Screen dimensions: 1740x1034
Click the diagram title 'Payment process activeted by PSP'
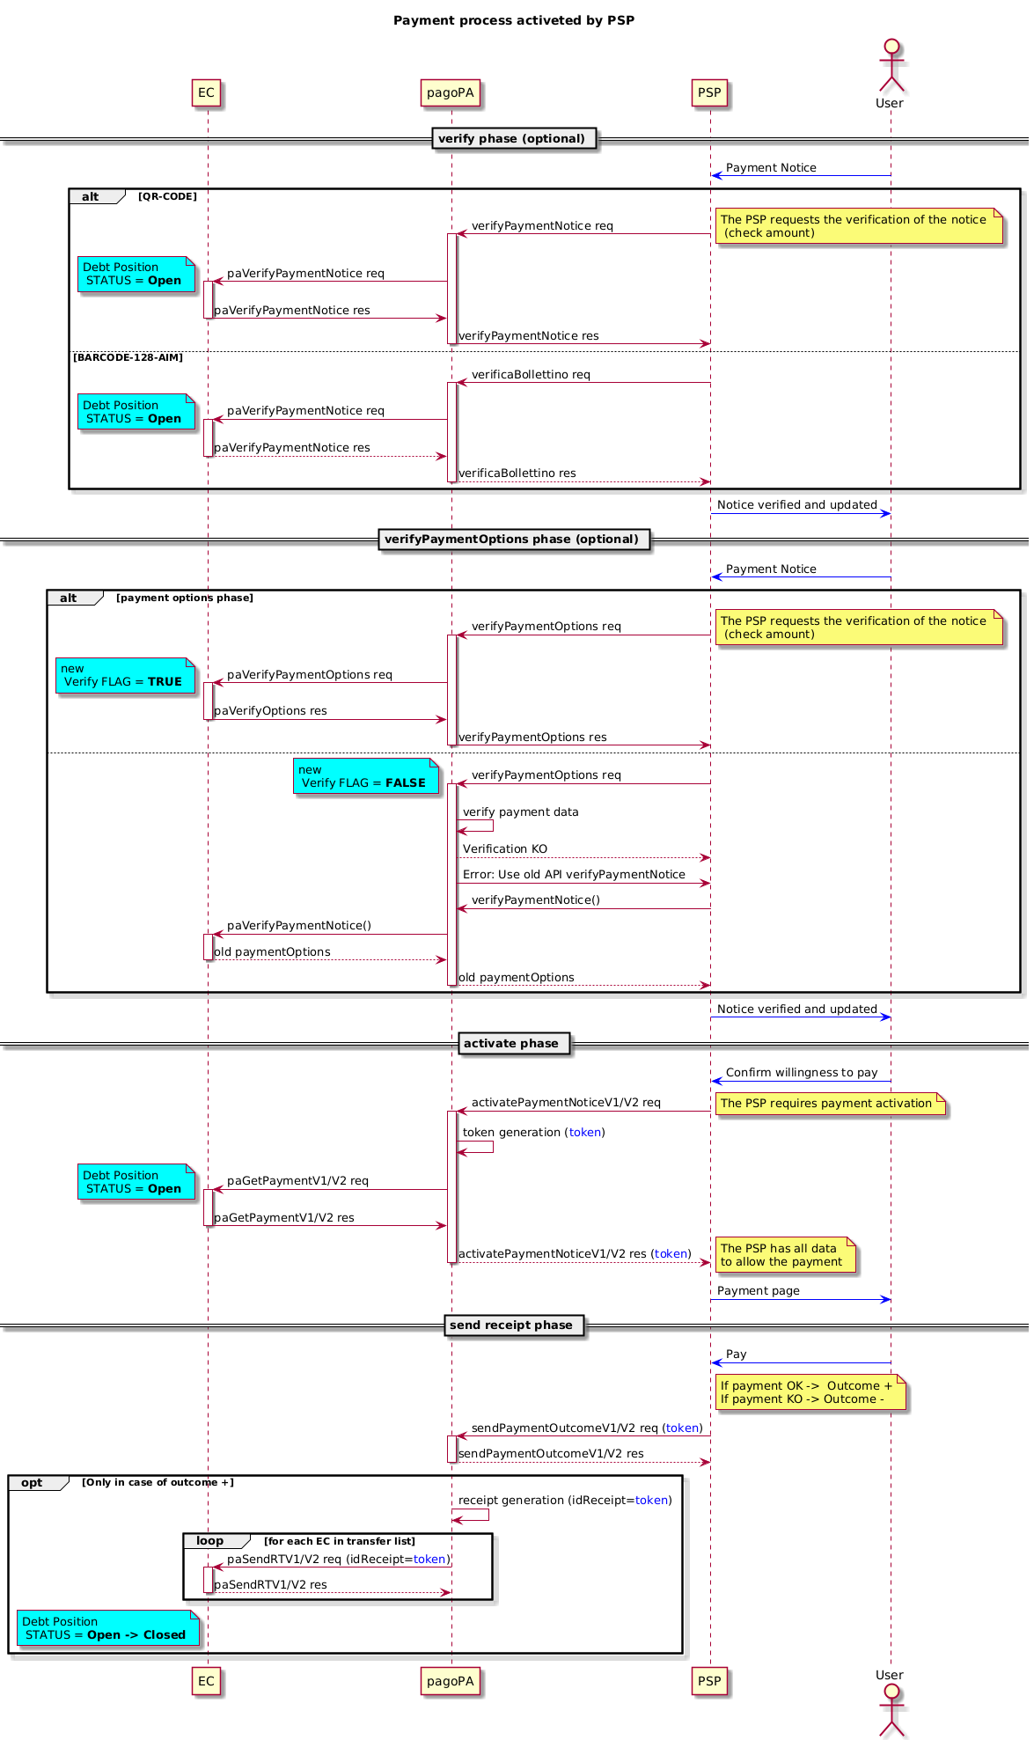coord(514,20)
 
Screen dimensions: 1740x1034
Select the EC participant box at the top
coord(206,92)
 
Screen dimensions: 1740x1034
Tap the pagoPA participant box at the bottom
coord(451,1680)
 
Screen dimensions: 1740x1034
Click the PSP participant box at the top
coord(709,92)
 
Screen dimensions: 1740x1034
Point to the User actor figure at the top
coord(891,70)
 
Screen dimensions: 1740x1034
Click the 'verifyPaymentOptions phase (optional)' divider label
coord(514,540)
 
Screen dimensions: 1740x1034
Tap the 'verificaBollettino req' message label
coord(531,374)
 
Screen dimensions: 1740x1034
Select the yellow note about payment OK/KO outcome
coord(810,1392)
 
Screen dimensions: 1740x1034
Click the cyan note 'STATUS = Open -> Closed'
coord(107,1628)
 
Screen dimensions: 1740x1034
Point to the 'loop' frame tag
coord(210,1540)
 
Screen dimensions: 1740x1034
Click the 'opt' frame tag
coord(33,1482)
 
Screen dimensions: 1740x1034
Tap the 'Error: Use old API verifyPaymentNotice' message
coord(574,874)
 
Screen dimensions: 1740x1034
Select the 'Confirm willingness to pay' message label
coord(802,1072)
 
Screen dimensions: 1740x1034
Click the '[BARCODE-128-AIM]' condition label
coord(128,357)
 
